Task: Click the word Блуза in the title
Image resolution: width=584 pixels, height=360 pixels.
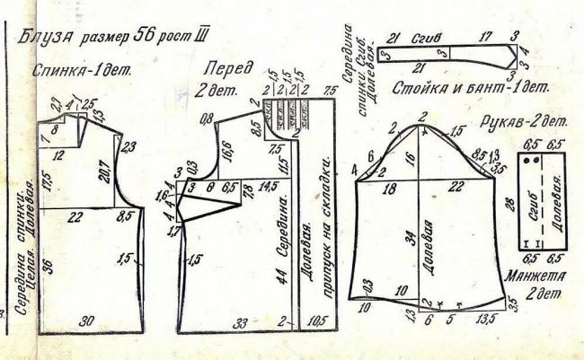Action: (x=44, y=40)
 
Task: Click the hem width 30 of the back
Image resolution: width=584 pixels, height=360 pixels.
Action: (x=87, y=321)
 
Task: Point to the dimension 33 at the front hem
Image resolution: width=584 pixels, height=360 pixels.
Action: (x=243, y=321)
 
